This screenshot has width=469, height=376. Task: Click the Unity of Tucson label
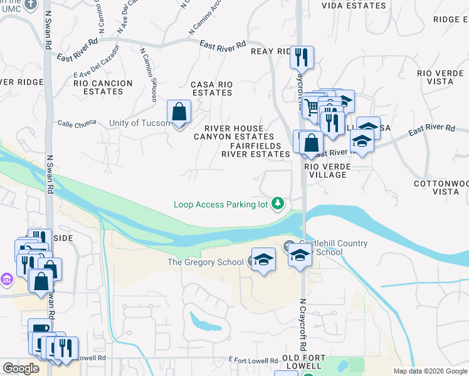coord(139,123)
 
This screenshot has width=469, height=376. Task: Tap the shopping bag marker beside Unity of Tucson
coord(179,113)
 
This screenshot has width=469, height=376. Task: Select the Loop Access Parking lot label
coord(221,204)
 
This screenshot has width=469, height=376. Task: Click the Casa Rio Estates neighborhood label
coord(211,88)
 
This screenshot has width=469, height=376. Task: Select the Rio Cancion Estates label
coord(103,87)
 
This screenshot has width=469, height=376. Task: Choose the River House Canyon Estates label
coord(234,132)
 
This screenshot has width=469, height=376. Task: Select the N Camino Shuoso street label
coord(148,75)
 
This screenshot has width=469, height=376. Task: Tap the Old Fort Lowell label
coord(303,362)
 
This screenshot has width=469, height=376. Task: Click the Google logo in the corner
coord(21,368)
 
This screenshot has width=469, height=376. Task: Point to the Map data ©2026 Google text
coord(430,371)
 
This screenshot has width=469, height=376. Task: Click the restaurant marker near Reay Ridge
coord(302,58)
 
